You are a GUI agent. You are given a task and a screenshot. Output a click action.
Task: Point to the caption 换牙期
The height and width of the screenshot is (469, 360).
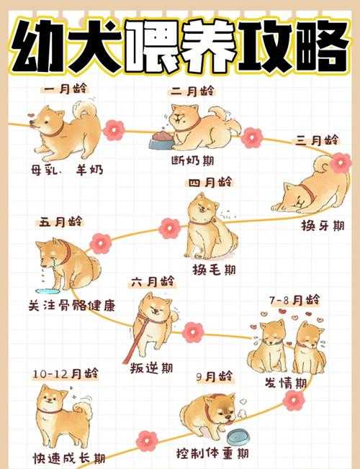click(323, 227)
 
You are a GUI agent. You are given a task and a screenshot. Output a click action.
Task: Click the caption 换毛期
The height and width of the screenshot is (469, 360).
click(214, 269)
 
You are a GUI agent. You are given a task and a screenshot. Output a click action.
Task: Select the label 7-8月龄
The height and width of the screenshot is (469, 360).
click(294, 298)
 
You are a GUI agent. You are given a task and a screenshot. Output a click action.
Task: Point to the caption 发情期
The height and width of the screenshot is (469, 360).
click(286, 382)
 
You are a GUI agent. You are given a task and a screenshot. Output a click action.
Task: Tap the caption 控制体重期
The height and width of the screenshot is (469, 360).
click(213, 454)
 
